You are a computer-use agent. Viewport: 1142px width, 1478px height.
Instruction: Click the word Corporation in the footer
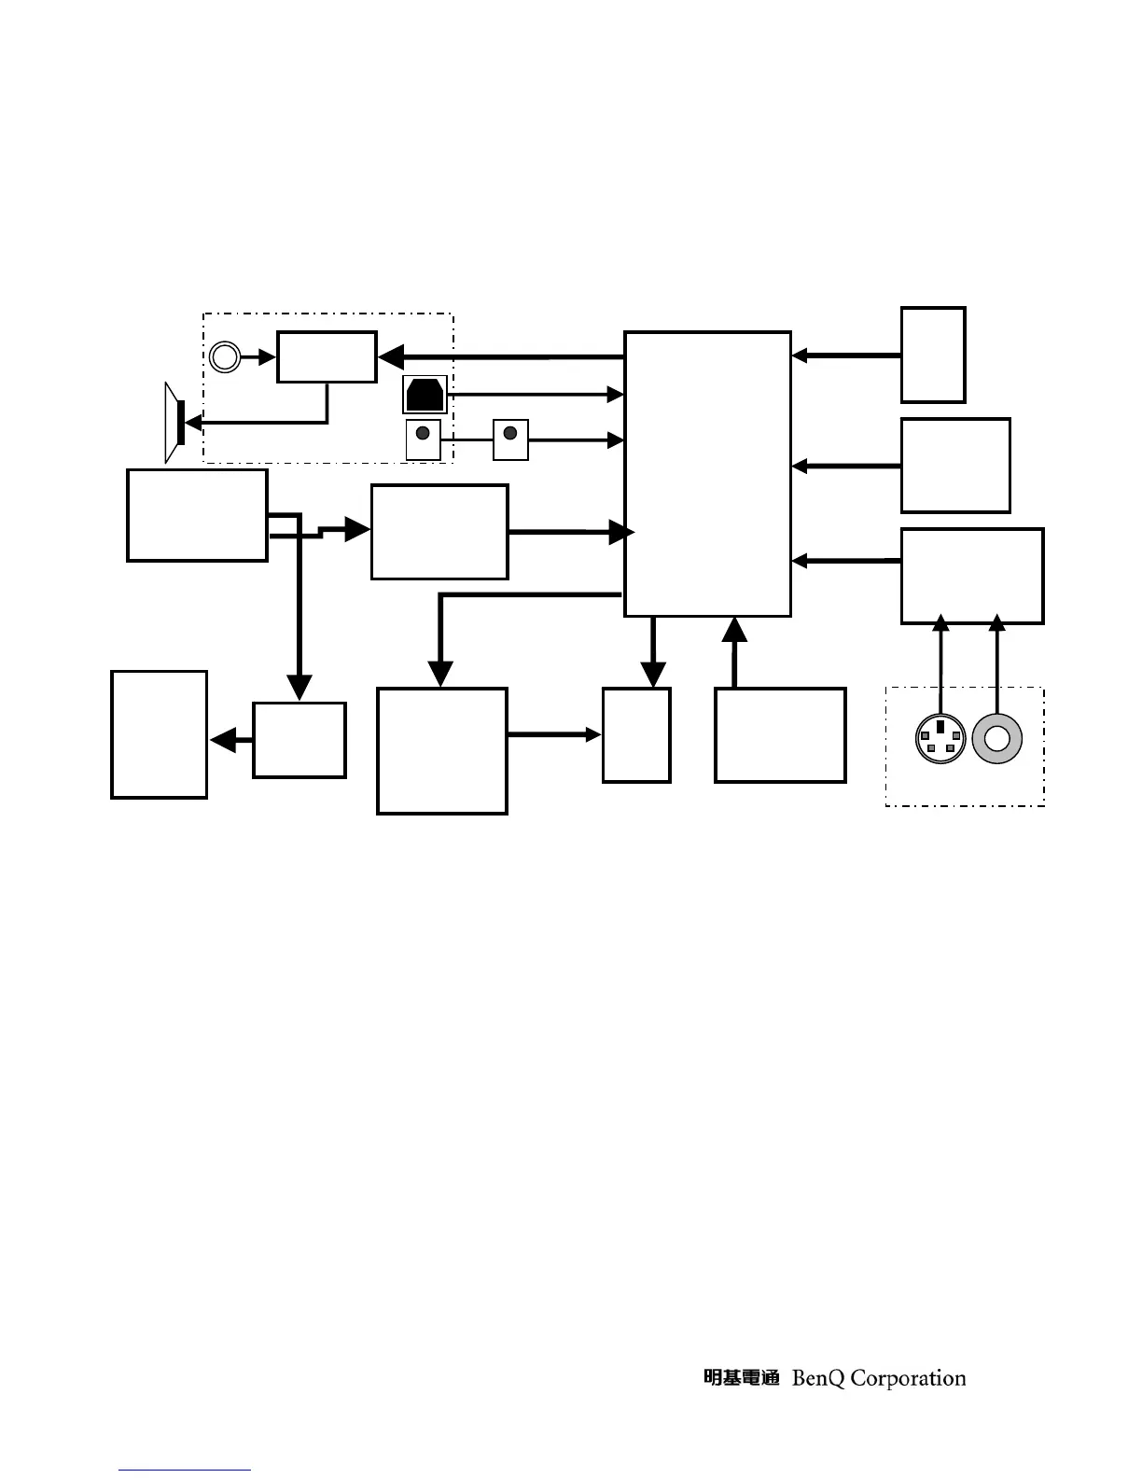(908, 1378)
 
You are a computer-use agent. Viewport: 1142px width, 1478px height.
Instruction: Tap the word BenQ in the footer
(818, 1378)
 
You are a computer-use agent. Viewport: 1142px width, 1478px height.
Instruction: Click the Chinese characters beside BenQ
(741, 1378)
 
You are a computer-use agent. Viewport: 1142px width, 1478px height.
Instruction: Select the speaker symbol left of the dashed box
(174, 422)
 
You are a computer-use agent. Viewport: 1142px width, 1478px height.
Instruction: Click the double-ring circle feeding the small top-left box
(224, 356)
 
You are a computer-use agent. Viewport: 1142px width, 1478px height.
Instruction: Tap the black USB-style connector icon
(425, 395)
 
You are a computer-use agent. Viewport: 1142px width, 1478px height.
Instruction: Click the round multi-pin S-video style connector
(940, 738)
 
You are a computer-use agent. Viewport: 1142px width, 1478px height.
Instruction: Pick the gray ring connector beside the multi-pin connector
(997, 738)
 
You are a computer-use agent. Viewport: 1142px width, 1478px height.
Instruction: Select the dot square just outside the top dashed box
(510, 439)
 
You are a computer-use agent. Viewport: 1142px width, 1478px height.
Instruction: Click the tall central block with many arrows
(707, 473)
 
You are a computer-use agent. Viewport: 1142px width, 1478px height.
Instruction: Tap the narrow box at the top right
(932, 355)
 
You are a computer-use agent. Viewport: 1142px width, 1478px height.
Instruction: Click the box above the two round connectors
(971, 576)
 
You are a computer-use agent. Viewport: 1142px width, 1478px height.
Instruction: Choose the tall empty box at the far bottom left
(159, 734)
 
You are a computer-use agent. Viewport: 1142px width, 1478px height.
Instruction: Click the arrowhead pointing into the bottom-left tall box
(221, 741)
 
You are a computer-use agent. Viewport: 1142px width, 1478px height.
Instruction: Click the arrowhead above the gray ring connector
(997, 622)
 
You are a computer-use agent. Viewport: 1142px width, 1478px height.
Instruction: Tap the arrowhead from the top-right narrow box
(799, 356)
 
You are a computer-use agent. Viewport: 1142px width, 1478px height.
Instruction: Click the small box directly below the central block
(636, 735)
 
